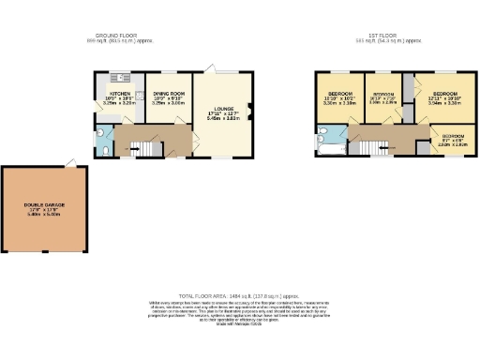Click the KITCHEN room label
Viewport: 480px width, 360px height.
click(x=119, y=93)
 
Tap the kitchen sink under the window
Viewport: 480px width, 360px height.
click(x=121, y=77)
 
